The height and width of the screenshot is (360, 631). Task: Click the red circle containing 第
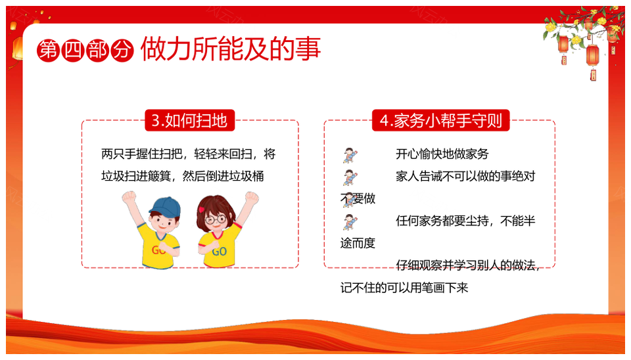48,51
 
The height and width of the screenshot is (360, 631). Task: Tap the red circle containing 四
73,51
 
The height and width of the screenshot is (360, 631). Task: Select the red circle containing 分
122,51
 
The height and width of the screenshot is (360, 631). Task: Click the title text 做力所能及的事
231,49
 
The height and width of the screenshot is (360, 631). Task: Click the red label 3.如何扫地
189,120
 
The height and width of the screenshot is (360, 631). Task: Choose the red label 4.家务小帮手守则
440,120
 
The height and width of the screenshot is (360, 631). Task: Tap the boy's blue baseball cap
166,206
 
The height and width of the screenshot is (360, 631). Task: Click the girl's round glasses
216,219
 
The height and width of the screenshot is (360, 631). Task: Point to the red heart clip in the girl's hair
201,210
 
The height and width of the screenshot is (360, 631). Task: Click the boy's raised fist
129,198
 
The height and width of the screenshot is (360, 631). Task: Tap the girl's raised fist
252,198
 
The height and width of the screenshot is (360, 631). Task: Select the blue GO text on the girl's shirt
220,252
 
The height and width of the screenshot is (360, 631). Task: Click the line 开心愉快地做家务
442,154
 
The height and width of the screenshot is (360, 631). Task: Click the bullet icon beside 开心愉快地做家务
350,155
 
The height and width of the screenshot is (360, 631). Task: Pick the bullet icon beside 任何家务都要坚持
350,222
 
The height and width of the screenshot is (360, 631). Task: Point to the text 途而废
358,243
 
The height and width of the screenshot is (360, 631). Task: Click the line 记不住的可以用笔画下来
404,288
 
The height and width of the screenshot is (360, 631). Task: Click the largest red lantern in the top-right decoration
592,55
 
